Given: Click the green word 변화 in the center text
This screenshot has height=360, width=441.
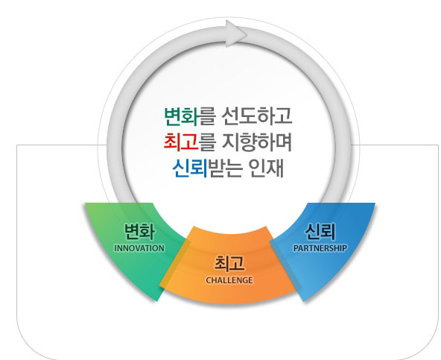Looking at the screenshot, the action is (x=182, y=116).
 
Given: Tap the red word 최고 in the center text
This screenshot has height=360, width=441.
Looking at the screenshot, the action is (x=182, y=142).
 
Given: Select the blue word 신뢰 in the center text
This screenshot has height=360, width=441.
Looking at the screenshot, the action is (x=190, y=168).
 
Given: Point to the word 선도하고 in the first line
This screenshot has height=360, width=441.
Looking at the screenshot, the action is (x=257, y=116).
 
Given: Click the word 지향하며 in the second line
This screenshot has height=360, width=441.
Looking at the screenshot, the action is (x=257, y=142).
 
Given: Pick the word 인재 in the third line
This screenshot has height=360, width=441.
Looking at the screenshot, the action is (x=266, y=168).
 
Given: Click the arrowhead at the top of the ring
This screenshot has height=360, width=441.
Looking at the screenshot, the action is (x=236, y=34).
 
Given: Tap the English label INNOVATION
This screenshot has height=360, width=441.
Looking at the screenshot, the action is (x=139, y=248).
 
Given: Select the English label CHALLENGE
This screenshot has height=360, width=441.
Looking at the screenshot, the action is (x=229, y=280).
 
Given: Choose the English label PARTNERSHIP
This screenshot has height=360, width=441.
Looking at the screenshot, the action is (x=320, y=248).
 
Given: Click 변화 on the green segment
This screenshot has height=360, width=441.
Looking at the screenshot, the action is (x=139, y=232).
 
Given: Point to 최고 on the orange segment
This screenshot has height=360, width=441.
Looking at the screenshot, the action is (x=229, y=263).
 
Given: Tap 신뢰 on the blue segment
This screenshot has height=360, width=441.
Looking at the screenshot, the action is (x=320, y=232).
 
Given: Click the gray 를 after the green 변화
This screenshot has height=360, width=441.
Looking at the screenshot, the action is (x=208, y=116).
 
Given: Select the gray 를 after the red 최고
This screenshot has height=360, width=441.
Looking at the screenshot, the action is (x=208, y=142).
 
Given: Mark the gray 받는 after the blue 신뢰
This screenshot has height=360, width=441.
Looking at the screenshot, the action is (x=225, y=168).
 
